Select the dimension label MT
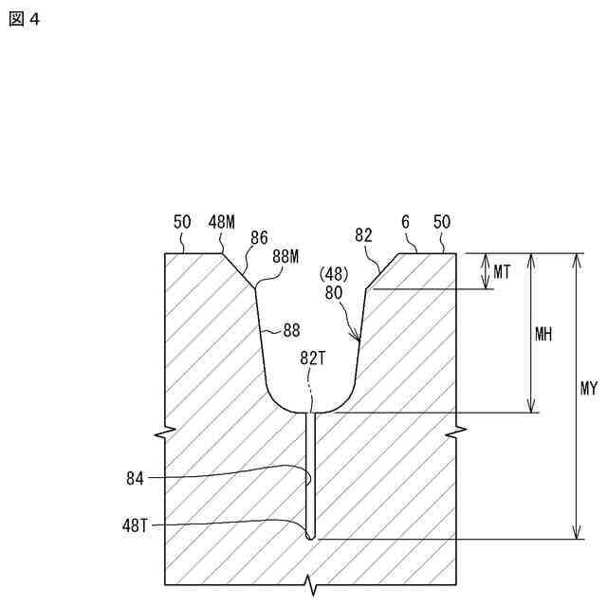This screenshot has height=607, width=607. pos(503,271)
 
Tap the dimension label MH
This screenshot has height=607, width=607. pos(543,334)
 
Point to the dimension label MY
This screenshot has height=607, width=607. pos(588,389)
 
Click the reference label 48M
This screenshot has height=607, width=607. pos(222,222)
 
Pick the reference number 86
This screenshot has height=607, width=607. pos(259,237)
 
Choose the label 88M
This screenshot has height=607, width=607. pos(285,256)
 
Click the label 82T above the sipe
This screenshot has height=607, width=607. pos(313,358)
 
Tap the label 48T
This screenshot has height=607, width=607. pos(134,524)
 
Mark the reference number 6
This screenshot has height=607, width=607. pos(405,222)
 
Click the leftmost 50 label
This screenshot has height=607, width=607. pos(182,222)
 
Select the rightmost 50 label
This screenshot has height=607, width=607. pos(442,222)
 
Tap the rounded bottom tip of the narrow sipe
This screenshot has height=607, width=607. pos(312,536)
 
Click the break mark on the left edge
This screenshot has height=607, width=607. pos(166,432)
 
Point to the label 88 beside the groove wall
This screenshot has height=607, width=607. pos(291,331)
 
